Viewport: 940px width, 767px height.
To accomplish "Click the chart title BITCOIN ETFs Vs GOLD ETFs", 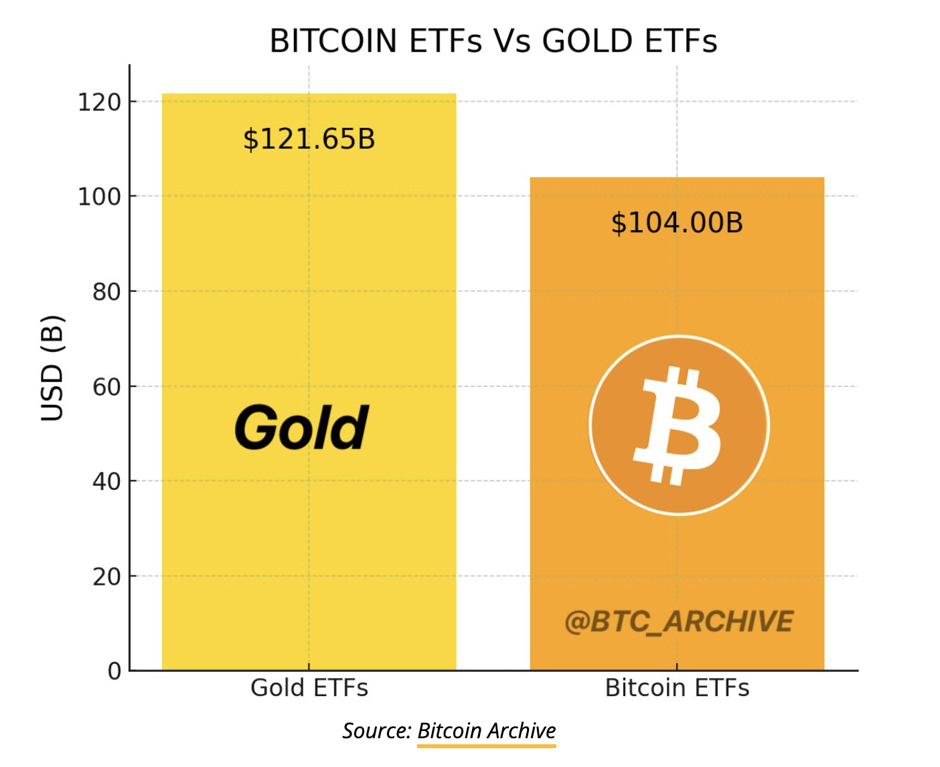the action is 493,41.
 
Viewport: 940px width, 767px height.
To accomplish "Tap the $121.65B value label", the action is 309,139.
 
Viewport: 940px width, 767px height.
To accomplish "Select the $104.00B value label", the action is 677,222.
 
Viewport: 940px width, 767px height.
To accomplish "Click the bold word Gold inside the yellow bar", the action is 302,428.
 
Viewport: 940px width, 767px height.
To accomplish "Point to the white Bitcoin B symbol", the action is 676,426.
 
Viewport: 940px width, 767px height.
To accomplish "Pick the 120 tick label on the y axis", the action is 99,102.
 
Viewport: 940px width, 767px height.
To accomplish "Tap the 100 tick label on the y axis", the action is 99,197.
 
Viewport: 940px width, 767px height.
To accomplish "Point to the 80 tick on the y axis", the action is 106,292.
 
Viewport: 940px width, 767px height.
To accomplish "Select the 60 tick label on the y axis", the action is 106,387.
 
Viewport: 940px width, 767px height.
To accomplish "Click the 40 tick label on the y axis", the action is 106,482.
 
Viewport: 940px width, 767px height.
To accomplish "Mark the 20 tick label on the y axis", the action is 106,577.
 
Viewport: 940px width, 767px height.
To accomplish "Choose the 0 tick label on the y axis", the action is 114,671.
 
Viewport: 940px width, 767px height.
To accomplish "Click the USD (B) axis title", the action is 53,367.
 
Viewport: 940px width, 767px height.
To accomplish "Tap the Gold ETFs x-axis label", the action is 309,687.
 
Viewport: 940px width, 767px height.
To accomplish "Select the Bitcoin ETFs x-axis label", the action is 677,687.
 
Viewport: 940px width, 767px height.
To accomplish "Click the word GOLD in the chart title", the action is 587,41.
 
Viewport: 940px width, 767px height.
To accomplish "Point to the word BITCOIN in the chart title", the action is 333,41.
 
